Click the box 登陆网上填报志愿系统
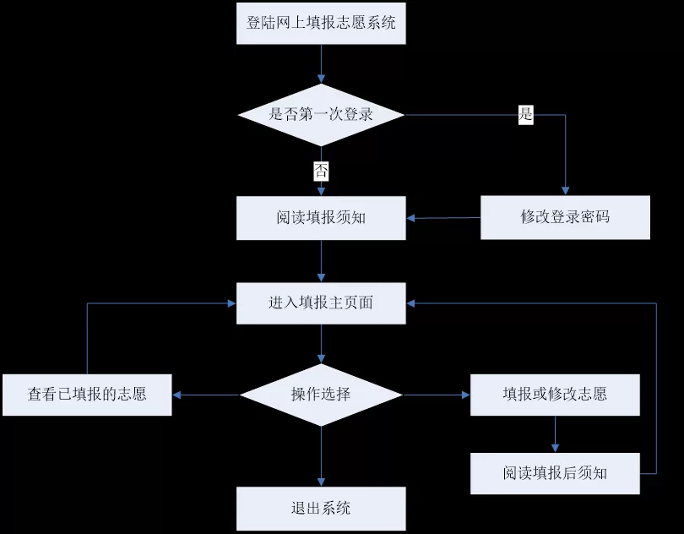(x=321, y=23)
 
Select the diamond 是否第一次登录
(x=321, y=114)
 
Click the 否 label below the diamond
(x=321, y=171)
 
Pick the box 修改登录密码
(x=565, y=217)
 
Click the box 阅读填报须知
(x=321, y=217)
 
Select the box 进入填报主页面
(x=321, y=302)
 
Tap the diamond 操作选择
(x=321, y=394)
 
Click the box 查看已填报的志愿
(x=87, y=395)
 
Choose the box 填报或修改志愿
(x=555, y=395)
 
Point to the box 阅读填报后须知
(x=555, y=473)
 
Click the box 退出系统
(x=321, y=508)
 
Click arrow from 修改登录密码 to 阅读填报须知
(x=443, y=218)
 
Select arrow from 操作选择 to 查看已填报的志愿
(x=206, y=395)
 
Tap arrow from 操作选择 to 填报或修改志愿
(x=437, y=395)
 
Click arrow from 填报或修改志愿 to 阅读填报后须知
(x=555, y=434)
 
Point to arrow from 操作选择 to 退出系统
(x=321, y=456)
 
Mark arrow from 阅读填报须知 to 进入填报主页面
(x=321, y=260)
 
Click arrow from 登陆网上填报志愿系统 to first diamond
(x=321, y=63)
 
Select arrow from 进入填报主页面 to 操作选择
(x=321, y=344)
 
